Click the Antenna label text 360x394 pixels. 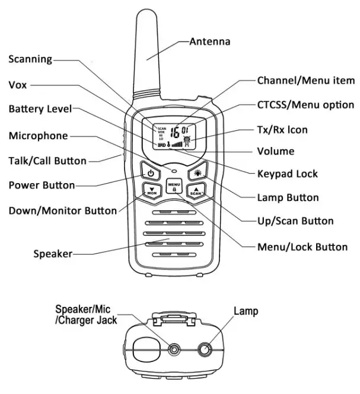209,42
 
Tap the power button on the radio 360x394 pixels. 151,174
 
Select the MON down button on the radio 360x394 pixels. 152,191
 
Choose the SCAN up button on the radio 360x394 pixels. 196,191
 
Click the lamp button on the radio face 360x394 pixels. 197,174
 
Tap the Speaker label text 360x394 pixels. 52,254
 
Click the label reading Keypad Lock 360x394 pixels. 287,174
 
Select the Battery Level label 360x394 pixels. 40,109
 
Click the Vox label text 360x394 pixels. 18,85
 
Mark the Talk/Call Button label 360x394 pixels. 47,161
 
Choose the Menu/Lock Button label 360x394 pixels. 302,246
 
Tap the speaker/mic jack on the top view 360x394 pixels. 174,350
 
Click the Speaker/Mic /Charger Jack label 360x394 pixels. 86,315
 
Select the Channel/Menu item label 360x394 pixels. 305,81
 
